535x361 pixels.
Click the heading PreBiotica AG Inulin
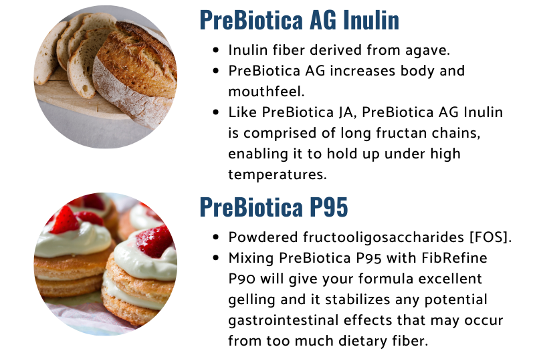coord(300,19)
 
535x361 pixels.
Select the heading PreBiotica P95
coord(274,207)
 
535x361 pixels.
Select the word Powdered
coord(260,237)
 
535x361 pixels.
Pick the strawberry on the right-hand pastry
coord(155,241)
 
